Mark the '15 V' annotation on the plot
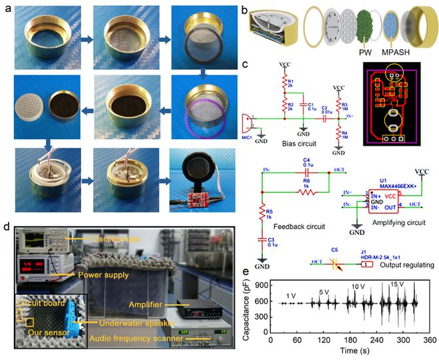(x=397, y=285)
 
